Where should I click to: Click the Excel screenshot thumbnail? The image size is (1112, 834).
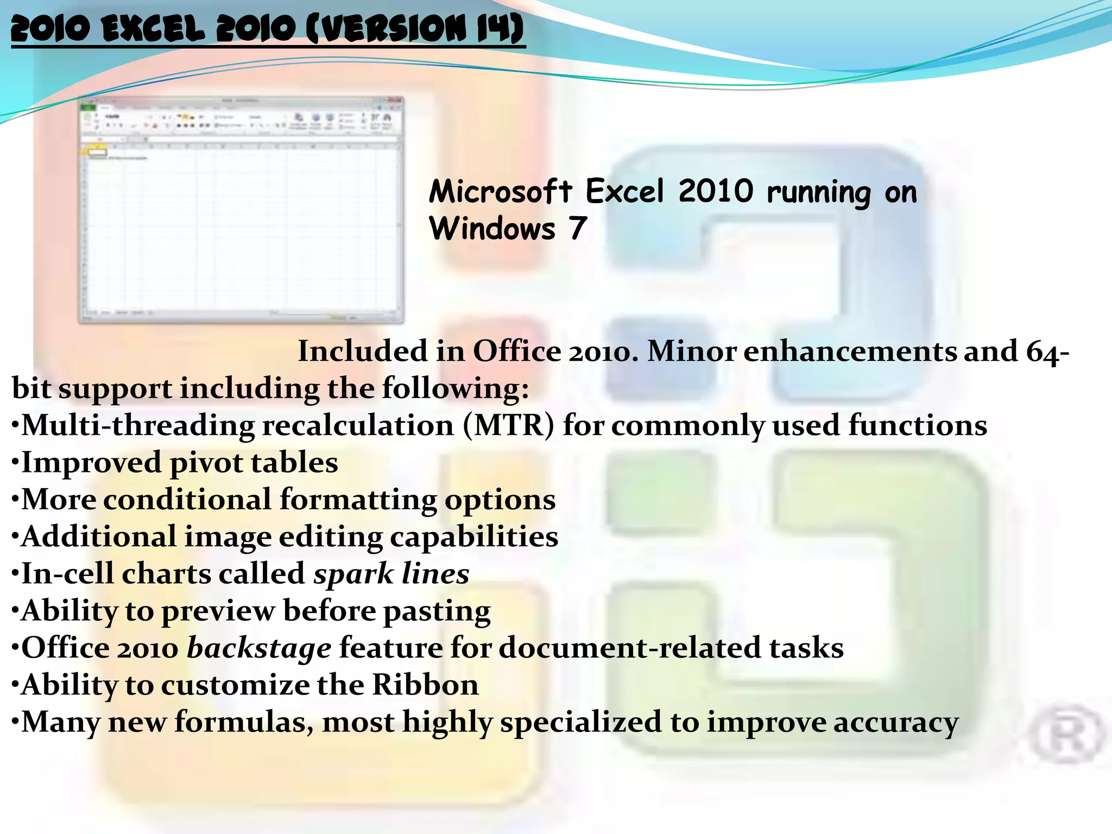point(242,211)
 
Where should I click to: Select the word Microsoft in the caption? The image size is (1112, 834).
point(500,192)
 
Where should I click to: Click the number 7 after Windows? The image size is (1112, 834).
point(578,229)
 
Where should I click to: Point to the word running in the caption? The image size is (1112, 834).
point(819,193)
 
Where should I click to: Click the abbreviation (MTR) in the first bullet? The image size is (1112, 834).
point(509,425)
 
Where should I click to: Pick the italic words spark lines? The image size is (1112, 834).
point(391,573)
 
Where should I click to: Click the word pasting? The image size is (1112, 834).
point(437,611)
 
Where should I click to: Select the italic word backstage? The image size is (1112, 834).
point(259,648)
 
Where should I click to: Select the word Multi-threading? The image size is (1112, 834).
point(138,425)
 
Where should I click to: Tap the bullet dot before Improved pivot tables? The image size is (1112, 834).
point(15,463)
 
